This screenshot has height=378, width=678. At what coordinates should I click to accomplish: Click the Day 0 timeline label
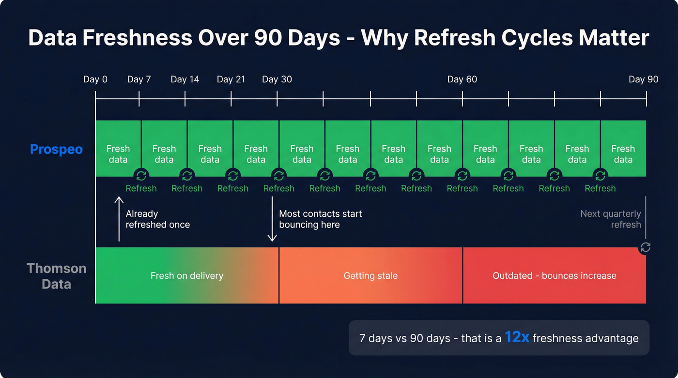(x=95, y=79)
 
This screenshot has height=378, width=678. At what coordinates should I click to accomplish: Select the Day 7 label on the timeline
(x=139, y=79)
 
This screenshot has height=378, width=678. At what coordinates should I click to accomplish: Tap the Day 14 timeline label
(x=185, y=79)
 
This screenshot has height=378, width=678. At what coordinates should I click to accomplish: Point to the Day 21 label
(x=231, y=79)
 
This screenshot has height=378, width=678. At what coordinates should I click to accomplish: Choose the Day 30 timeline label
(x=277, y=79)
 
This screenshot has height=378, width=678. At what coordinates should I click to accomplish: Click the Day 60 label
(x=462, y=79)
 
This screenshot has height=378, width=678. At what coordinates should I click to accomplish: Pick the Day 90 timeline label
(x=643, y=79)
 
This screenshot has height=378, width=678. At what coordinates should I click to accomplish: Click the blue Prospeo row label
(x=56, y=149)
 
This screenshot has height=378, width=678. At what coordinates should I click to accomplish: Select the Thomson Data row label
(x=56, y=276)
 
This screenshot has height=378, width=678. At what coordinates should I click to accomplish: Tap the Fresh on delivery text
(x=187, y=276)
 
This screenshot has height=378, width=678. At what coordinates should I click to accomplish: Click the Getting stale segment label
(x=370, y=276)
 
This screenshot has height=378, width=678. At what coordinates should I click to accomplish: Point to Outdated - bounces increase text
(x=555, y=276)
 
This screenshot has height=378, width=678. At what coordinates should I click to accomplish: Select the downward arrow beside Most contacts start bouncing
(x=272, y=225)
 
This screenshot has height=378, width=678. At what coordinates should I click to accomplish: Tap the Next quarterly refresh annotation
(x=611, y=219)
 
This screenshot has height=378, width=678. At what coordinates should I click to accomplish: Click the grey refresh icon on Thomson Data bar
(x=646, y=247)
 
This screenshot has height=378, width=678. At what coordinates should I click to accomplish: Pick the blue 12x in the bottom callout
(x=517, y=337)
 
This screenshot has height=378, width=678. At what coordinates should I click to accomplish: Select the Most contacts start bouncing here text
(x=321, y=219)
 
